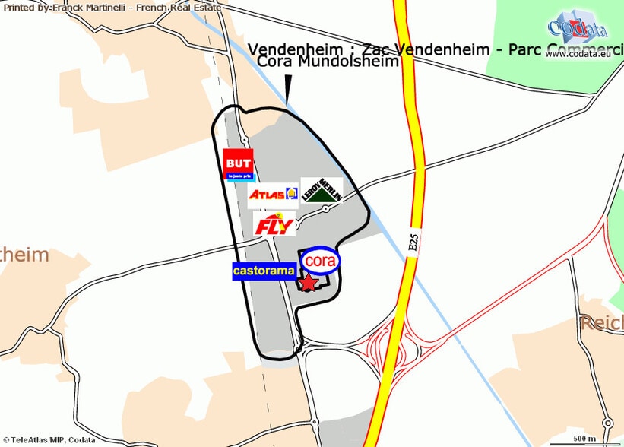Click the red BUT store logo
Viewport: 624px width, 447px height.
(239, 165)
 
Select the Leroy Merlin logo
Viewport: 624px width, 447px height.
(322, 191)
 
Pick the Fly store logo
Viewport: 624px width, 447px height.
(274, 225)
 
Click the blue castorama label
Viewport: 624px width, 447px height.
(263, 270)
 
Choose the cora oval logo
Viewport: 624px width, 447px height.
(321, 260)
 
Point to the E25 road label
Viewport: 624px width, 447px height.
(413, 243)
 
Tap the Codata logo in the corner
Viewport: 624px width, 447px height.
(577, 27)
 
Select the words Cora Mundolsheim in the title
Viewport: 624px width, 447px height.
(328, 62)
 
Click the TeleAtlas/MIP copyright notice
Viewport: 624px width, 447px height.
(48, 440)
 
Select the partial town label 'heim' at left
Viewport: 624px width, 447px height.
(24, 255)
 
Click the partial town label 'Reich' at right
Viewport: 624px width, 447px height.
(602, 323)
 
